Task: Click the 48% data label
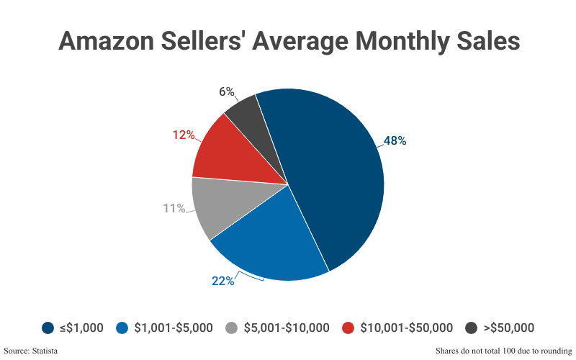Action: pos(395,141)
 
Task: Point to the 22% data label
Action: pos(222,281)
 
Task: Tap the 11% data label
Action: pos(174,209)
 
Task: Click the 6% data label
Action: pos(227,91)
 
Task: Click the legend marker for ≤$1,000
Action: pos(48,328)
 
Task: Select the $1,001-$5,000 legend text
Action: pos(174,328)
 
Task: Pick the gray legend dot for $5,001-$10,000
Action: pos(232,328)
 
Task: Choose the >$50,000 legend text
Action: pos(508,328)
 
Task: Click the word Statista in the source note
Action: pos(43,351)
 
